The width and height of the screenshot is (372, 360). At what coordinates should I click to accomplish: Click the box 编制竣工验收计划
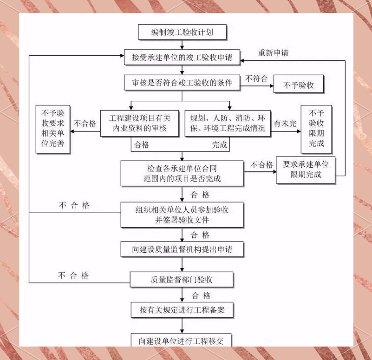(x=182, y=32)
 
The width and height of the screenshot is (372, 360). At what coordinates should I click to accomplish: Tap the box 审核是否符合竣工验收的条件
(x=182, y=83)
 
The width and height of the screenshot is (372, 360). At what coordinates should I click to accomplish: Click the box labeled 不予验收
(x=298, y=85)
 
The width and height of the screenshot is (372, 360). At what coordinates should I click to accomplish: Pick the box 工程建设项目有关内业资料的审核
(x=140, y=123)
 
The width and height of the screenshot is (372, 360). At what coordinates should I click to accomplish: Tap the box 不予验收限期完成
(x=316, y=128)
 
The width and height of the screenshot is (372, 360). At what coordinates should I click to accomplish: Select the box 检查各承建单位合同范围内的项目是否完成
(x=182, y=173)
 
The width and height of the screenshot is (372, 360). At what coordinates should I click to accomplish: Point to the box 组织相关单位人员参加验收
(x=182, y=215)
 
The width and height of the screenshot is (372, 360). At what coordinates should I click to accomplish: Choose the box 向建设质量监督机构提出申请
(x=182, y=249)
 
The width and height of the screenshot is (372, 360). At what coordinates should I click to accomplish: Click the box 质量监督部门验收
(x=182, y=280)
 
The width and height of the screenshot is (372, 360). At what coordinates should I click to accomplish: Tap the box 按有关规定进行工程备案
(x=182, y=310)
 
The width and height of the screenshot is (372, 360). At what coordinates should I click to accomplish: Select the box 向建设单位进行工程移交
(x=182, y=340)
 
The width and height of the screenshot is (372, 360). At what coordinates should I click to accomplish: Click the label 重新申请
(x=273, y=52)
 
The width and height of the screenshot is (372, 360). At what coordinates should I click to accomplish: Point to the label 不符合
(x=256, y=78)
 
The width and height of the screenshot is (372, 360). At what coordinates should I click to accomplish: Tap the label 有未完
(x=285, y=123)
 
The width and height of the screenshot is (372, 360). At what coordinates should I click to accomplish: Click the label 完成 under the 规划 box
(x=220, y=145)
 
